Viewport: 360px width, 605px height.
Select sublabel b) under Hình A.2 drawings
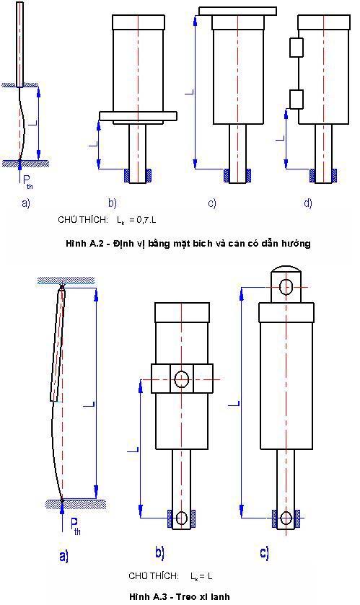pos(113,203)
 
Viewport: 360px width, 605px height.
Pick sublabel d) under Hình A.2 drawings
pos(308,203)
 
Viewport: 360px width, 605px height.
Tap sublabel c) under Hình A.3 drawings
pos(264,553)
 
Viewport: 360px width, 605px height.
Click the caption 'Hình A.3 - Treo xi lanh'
pos(180,596)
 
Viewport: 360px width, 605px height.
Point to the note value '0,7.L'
pos(147,220)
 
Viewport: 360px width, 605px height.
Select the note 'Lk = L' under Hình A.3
pos(201,576)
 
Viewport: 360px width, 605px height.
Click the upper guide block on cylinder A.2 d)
pos(297,48)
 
